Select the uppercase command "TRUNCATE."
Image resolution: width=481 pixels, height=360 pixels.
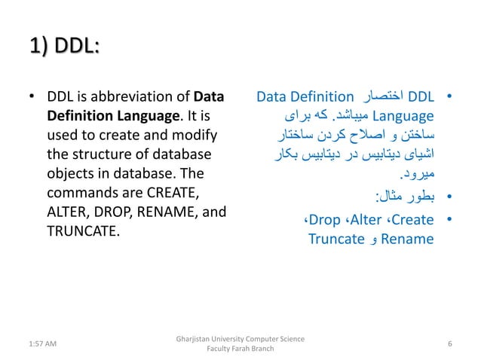[82, 231]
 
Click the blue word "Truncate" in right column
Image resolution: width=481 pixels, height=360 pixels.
[336, 239]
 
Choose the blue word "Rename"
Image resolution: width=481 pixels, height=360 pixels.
[408, 239]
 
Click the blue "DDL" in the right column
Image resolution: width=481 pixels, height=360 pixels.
[421, 97]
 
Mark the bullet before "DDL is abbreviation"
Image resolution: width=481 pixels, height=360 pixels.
[31, 98]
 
